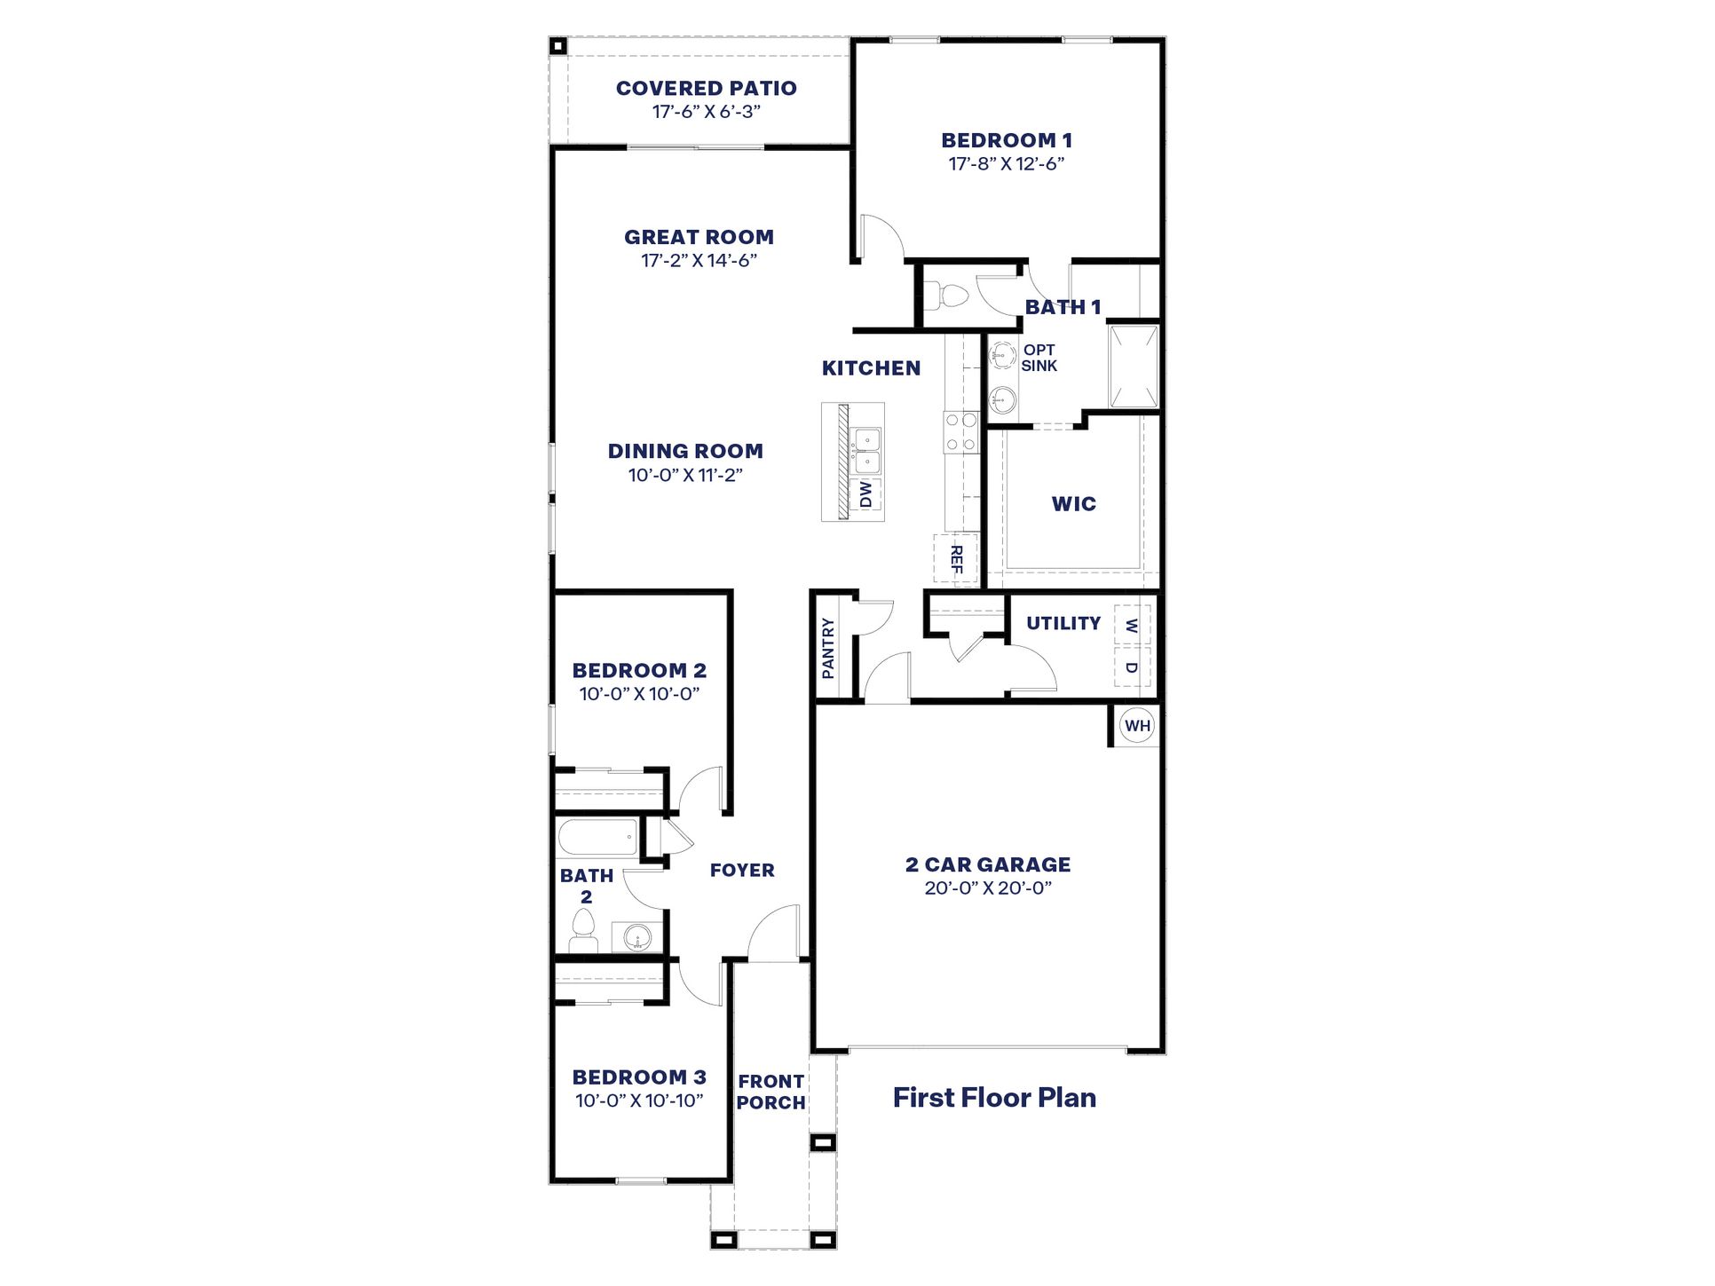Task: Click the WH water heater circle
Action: [x=1136, y=726]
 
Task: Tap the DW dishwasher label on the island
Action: [x=865, y=493]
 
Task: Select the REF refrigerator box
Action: [x=955, y=559]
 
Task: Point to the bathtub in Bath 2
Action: [x=597, y=837]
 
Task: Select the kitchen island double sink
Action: [x=865, y=451]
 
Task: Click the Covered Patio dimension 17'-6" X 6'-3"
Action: [x=707, y=112]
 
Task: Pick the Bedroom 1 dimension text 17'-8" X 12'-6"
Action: [x=1006, y=163]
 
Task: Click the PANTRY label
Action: [x=828, y=649]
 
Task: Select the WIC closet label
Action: [x=1073, y=504]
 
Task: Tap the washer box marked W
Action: [x=1131, y=625]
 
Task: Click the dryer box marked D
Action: [x=1131, y=667]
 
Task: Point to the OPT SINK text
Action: [x=1039, y=358]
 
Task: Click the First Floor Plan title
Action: [x=994, y=1098]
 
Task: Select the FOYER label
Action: [x=742, y=871]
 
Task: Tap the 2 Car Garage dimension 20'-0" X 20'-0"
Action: [x=988, y=888]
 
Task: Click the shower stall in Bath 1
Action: [x=1134, y=366]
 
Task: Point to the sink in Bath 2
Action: [x=637, y=936]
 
